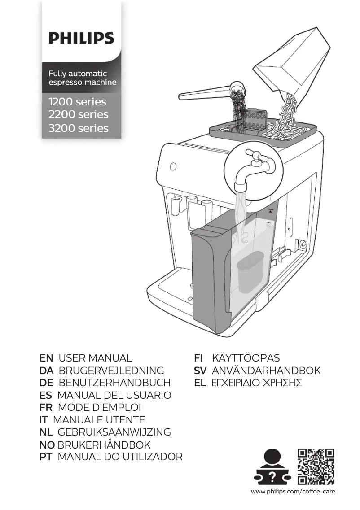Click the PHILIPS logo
click(81, 38)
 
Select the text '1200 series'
click(78, 101)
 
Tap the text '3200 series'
click(79, 128)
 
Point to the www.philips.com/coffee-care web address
click(294, 492)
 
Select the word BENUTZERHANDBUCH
click(115, 383)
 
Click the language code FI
click(198, 358)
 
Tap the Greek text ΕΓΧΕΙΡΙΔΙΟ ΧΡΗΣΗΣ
click(256, 383)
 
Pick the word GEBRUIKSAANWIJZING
click(114, 432)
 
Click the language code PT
click(46, 457)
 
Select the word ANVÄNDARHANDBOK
click(266, 371)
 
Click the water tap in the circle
click(254, 170)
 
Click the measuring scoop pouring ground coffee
click(211, 92)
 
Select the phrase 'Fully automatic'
click(78, 73)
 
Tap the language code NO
click(48, 445)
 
